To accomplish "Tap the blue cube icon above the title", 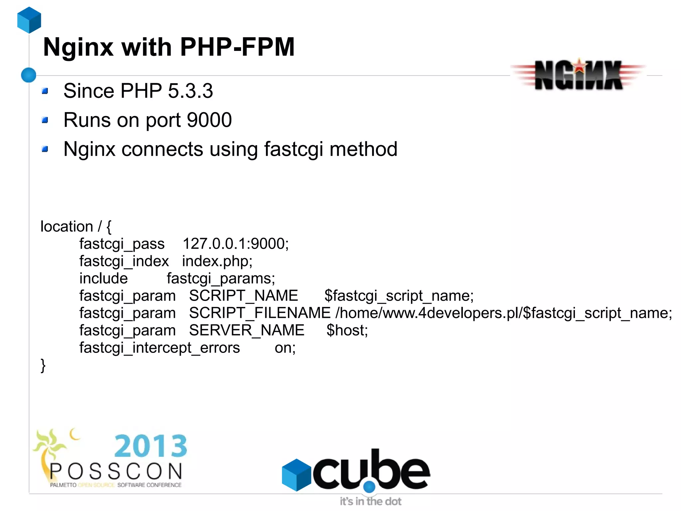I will point(29,20).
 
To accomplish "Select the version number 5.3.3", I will point(190,91).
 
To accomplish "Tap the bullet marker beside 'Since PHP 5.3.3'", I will point(45,91).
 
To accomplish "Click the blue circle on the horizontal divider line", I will point(29,75).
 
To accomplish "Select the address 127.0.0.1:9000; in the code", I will point(235,244).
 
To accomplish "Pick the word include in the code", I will point(103,278).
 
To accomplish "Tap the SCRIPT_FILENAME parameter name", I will point(260,313).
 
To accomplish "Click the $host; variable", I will point(347,330).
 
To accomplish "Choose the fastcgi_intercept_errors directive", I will point(160,348).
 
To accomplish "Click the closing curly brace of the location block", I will point(43,366).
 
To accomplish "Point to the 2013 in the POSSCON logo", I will point(151,446).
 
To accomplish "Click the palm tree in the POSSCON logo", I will point(50,446).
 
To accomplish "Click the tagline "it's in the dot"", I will point(370,501).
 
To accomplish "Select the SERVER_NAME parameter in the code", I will point(247,330).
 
